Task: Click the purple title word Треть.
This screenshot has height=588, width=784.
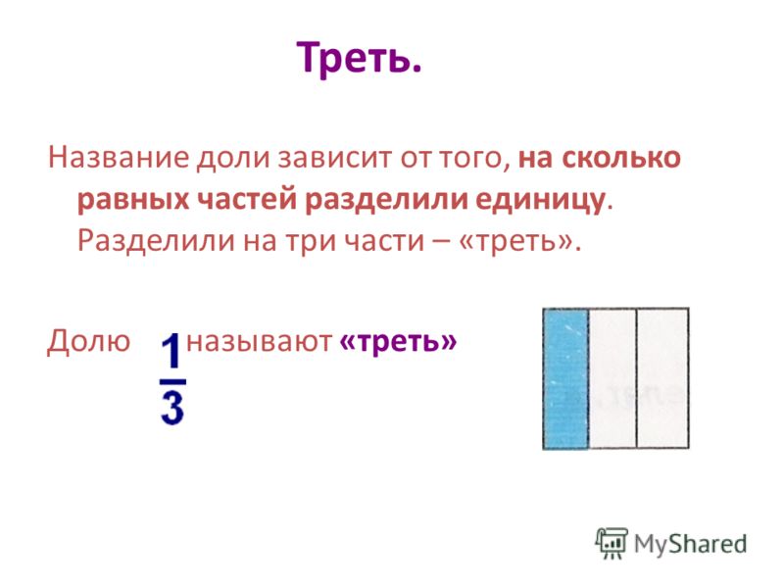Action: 359,58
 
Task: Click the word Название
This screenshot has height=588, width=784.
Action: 119,158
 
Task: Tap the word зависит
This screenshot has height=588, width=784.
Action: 335,158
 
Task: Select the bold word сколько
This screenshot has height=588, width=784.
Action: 621,158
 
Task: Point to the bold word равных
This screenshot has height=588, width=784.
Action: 133,200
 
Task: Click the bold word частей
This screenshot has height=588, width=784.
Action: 247,200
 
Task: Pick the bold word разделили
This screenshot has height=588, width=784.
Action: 386,200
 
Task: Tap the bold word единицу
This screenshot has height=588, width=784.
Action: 540,200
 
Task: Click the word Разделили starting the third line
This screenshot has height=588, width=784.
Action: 156,241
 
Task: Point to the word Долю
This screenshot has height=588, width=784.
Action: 88,341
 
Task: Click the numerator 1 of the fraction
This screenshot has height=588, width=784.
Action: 171,352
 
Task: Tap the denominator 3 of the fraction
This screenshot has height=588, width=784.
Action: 172,408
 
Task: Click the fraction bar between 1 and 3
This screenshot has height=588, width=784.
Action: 172,381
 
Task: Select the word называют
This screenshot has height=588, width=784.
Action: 259,342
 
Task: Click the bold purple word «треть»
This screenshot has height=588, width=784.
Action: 398,342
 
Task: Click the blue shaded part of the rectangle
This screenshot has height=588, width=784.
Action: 565,378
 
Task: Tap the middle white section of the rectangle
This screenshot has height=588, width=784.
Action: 612,378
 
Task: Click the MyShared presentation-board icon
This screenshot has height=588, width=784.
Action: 611,543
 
